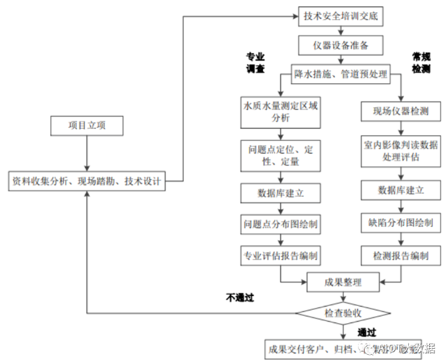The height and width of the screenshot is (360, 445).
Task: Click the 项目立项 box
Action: pos(87,125)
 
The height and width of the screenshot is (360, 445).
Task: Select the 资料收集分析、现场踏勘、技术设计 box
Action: pos(87,180)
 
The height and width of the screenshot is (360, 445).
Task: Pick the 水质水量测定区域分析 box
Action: pos(280,112)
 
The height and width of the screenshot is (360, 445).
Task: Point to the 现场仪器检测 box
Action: pos(401,111)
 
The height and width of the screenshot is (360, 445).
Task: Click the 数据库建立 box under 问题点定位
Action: pos(280,194)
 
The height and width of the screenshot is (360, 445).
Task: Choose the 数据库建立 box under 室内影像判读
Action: pos(401,191)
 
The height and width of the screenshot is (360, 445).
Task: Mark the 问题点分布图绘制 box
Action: pos(280,224)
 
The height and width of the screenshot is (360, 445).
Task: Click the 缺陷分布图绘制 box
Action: pos(401,223)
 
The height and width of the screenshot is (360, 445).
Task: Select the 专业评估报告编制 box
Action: pos(280,255)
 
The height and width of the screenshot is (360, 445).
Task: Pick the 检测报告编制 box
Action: pos(401,255)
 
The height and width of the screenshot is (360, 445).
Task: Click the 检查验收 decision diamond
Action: pos(343,313)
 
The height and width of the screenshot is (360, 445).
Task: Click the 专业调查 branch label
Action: pos(255,63)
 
